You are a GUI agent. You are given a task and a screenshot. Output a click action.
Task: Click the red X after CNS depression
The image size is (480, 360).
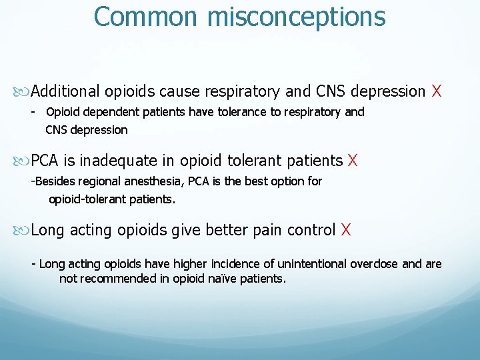tap(437, 91)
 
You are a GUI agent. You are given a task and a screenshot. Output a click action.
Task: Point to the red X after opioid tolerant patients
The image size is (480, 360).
tap(353, 161)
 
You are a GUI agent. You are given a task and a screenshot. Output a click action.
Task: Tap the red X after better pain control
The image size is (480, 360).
tap(346, 230)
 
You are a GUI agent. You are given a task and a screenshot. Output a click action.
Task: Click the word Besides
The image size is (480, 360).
tap(55, 181)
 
